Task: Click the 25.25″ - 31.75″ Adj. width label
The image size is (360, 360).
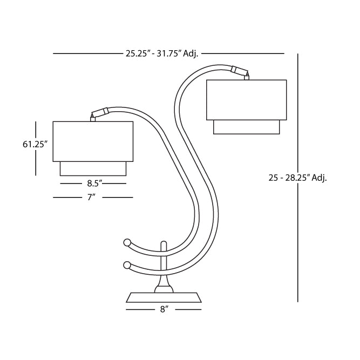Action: point(162,54)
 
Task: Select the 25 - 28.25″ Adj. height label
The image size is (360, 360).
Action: point(297,178)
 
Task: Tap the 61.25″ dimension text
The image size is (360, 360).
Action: point(35,145)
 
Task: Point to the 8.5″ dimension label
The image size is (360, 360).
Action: point(94,184)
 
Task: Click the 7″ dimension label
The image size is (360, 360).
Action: point(91,197)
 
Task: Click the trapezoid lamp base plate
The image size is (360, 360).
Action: point(164,297)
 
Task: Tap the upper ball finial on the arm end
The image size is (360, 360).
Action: point(127,243)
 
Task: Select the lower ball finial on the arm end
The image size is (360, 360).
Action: point(126,265)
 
